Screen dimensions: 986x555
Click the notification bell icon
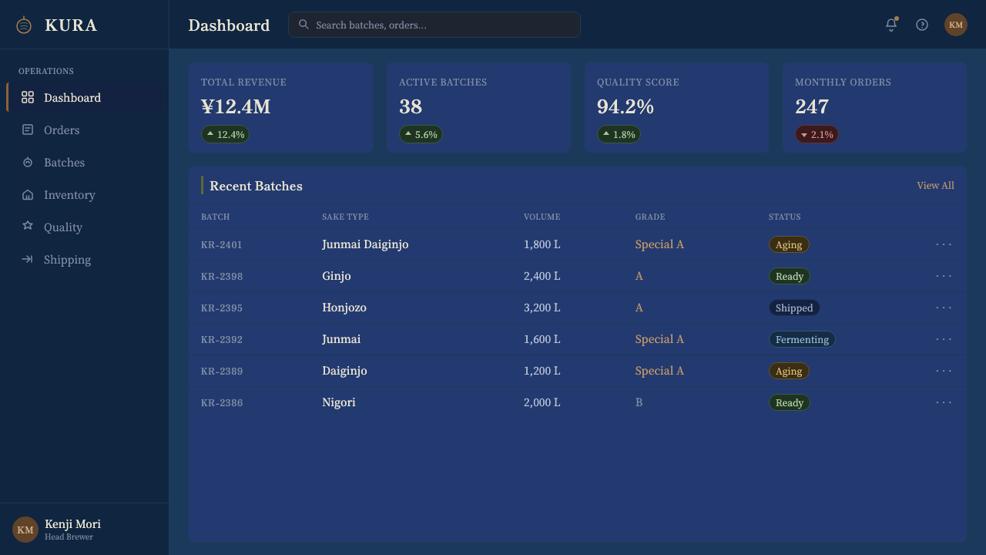(x=891, y=25)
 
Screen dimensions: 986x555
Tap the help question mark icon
(x=922, y=25)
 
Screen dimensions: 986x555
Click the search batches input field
(x=434, y=25)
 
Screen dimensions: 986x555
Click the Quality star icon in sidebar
(x=28, y=226)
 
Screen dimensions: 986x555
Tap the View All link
(x=935, y=186)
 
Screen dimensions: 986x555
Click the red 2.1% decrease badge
(x=817, y=134)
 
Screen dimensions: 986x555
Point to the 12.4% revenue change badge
(x=225, y=134)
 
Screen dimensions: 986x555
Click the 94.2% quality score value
(x=625, y=106)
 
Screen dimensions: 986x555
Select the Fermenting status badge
(x=802, y=339)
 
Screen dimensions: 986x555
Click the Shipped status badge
(x=794, y=308)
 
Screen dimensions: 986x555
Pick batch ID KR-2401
(x=221, y=244)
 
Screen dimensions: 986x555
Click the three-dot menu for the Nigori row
(x=944, y=402)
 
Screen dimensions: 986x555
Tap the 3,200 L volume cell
(x=542, y=308)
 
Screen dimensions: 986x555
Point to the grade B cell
(x=639, y=402)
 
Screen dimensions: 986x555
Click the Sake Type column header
(x=345, y=217)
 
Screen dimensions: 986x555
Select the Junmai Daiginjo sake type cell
(x=365, y=244)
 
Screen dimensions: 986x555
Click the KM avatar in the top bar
(x=956, y=25)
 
